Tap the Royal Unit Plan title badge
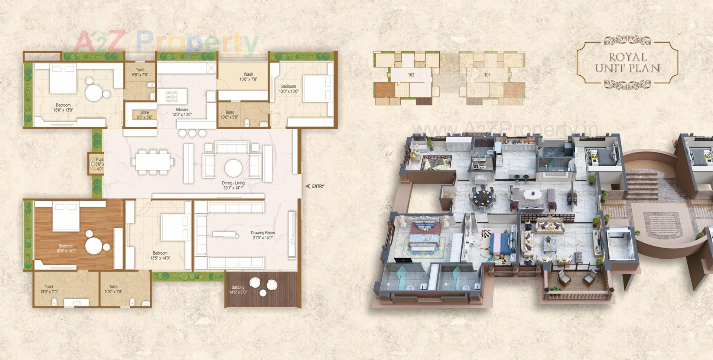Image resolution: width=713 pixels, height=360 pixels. [627, 63]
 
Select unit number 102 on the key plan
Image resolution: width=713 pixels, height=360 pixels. [411, 75]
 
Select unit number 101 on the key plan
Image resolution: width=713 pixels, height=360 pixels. [487, 75]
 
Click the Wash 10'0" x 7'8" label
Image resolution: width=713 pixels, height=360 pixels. [248, 77]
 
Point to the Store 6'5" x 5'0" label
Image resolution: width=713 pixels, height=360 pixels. [144, 115]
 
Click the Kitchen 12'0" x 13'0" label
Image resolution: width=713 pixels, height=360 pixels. [182, 112]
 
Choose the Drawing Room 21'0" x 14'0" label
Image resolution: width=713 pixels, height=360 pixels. [263, 235]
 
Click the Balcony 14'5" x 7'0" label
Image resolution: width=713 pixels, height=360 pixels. [238, 290]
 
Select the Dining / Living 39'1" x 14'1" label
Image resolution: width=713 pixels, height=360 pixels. [233, 185]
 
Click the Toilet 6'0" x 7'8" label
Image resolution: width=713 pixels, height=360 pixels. [140, 72]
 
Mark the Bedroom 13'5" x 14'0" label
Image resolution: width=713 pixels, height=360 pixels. [160, 255]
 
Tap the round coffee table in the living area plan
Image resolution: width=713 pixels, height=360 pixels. [233, 168]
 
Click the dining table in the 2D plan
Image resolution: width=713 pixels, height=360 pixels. [153, 162]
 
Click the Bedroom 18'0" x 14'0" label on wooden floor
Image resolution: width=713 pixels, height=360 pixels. [66, 248]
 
